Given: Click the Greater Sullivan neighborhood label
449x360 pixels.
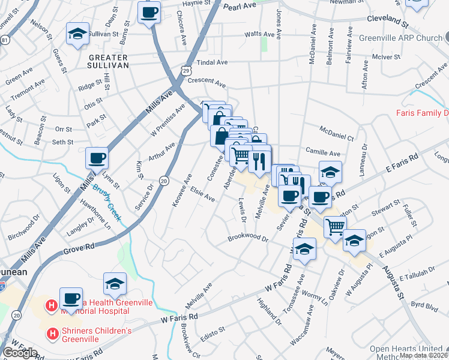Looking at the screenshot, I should pyautogui.click(x=109, y=61).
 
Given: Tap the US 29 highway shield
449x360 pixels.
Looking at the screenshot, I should pyautogui.click(x=187, y=71).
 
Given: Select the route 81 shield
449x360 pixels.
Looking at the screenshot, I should pyautogui.click(x=5, y=40).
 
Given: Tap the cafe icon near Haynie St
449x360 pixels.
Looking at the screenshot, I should pyautogui.click(x=149, y=13).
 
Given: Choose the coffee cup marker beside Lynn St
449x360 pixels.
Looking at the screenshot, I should pyautogui.click(x=97, y=159).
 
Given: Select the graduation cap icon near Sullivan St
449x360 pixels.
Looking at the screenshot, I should pyautogui.click(x=77, y=34).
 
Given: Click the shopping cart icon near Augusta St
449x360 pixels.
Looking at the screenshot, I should pyautogui.click(x=334, y=227).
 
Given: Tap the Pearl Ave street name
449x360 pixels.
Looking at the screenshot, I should pyautogui.click(x=239, y=7).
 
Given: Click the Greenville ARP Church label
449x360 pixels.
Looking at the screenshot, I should pyautogui.click(x=400, y=38).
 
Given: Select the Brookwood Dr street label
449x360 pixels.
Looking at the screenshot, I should pyautogui.click(x=247, y=238).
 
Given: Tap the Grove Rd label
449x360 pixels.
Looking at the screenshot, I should pyautogui.click(x=79, y=247).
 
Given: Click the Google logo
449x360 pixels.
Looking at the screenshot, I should pyautogui.click(x=20, y=352).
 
